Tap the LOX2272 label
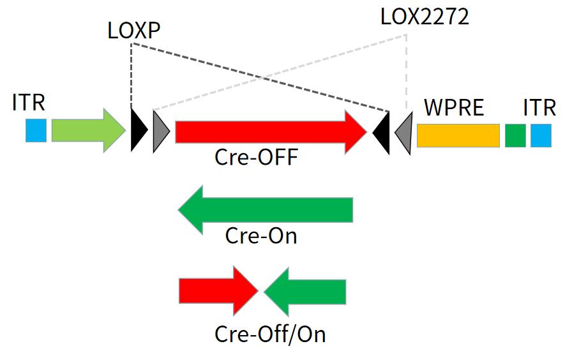(x=425, y=17)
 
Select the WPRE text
(x=454, y=107)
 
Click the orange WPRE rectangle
(x=458, y=135)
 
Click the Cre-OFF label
(x=256, y=157)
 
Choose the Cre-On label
(x=261, y=236)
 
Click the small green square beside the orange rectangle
(x=515, y=135)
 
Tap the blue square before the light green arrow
(x=36, y=130)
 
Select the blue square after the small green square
(x=541, y=135)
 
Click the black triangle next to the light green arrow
(x=137, y=130)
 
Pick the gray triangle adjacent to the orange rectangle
(x=404, y=133)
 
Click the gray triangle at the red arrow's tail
(x=160, y=131)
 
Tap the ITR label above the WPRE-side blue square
(x=539, y=107)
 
